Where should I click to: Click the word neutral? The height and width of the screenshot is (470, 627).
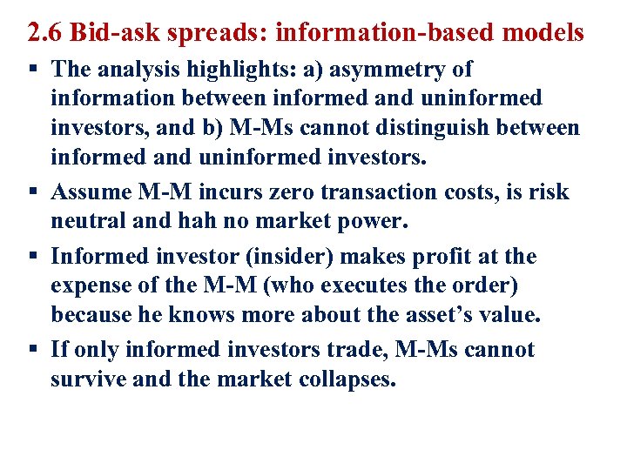click(x=90, y=221)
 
